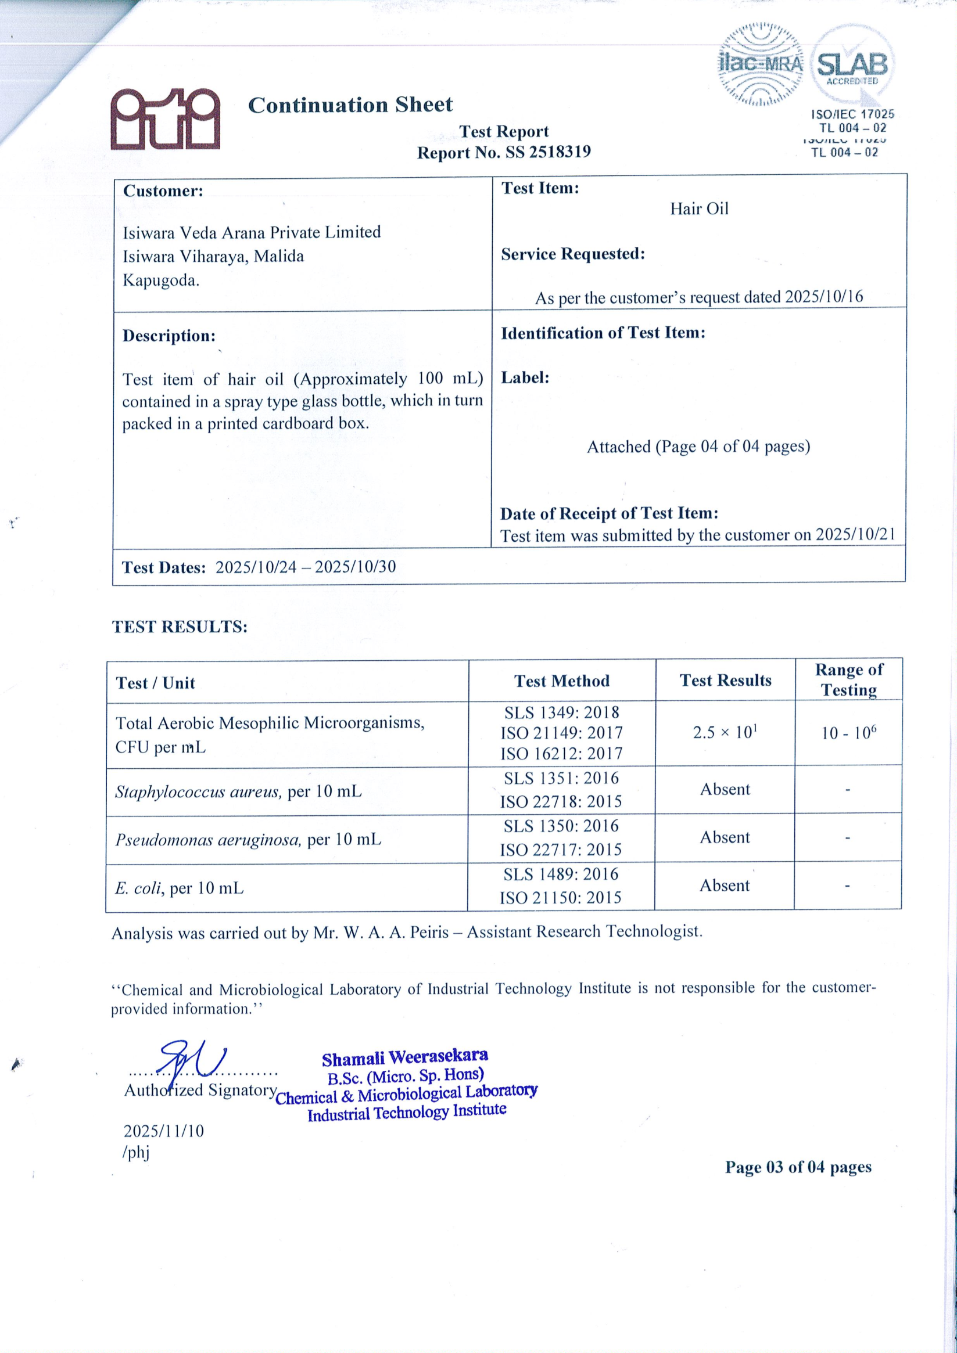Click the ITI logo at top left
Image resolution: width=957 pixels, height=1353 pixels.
(x=165, y=118)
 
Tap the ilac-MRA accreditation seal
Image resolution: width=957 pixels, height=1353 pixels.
(x=761, y=65)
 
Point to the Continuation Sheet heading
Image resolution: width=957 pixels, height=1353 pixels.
(x=350, y=105)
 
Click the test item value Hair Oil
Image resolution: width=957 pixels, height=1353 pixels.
(x=699, y=208)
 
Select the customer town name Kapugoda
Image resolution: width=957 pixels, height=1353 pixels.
(x=161, y=280)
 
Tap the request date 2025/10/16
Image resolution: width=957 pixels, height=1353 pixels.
(x=824, y=296)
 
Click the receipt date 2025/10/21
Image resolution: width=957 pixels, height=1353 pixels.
(x=855, y=534)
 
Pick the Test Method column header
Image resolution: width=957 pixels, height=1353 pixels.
(x=561, y=681)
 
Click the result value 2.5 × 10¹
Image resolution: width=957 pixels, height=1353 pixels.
(x=725, y=732)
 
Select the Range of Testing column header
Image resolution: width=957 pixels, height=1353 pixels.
(x=848, y=679)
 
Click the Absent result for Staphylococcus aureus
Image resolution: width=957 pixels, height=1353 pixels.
(x=725, y=790)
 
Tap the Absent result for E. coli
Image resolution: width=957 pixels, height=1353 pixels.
(x=724, y=886)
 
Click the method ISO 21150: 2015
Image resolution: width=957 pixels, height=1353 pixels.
(x=560, y=898)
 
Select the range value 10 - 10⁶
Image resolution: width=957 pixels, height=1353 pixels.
(x=848, y=733)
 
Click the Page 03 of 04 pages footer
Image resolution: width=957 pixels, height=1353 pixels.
(x=798, y=1167)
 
